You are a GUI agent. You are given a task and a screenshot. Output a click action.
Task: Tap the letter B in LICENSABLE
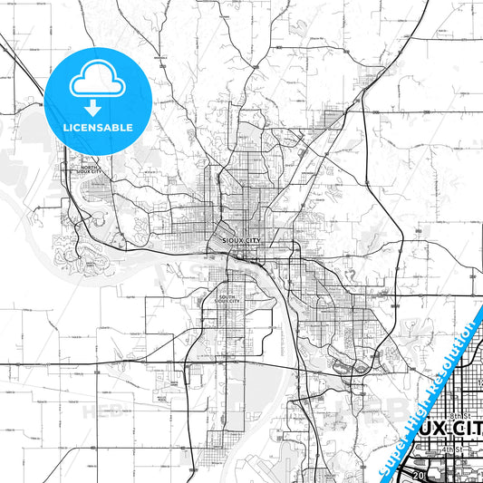[x=119, y=128]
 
